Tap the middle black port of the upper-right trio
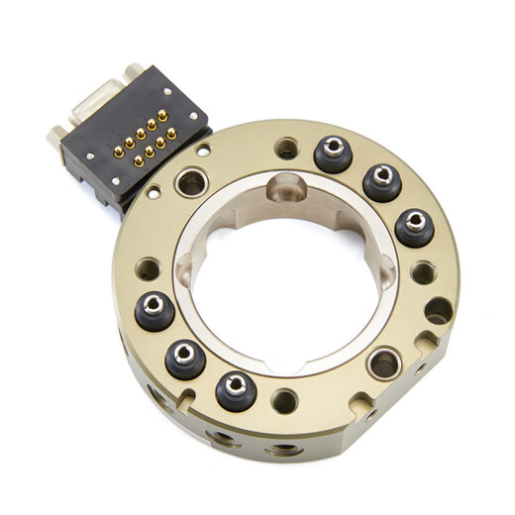pyautogui.click(x=381, y=182)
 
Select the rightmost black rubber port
pyautogui.click(x=414, y=227)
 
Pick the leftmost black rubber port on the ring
pyautogui.click(x=154, y=310)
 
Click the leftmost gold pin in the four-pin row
pyautogui.click(x=138, y=160)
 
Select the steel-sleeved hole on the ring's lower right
pyautogui.click(x=384, y=363)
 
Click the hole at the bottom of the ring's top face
pyautogui.click(x=285, y=401)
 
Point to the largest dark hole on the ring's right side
pyautogui.click(x=438, y=311)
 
